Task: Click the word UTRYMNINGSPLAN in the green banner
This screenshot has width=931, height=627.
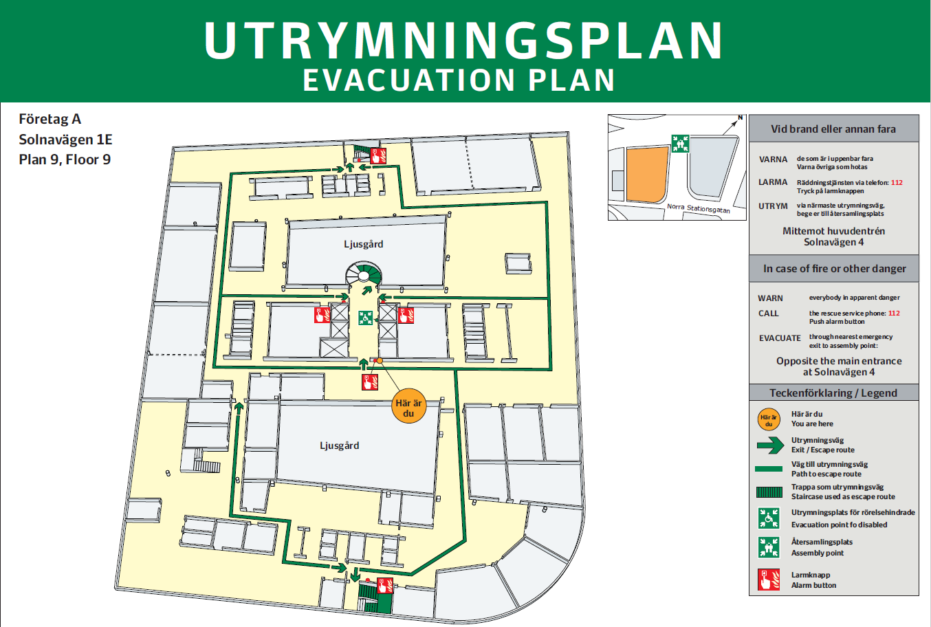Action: [464, 41]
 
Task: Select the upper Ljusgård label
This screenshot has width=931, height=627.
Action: [364, 244]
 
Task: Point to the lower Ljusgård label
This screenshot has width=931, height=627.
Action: [339, 445]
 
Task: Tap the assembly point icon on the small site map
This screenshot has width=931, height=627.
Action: [680, 144]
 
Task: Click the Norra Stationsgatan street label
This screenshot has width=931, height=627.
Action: [698, 208]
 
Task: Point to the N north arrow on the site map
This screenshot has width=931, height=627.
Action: [740, 118]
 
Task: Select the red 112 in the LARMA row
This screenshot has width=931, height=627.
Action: [897, 183]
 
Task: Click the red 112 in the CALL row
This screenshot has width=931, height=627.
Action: [894, 313]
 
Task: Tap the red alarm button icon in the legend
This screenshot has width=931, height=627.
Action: [769, 580]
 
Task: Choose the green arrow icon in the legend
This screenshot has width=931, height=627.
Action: [769, 445]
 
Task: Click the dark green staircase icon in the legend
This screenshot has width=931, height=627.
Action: [769, 492]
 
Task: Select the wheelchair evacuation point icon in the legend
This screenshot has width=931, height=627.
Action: [769, 518]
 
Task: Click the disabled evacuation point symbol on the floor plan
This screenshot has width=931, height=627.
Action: [365, 318]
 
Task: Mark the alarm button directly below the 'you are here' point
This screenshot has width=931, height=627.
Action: [370, 382]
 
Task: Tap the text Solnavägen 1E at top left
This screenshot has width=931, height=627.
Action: [65, 140]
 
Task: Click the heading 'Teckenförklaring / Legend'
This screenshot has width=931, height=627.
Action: [833, 393]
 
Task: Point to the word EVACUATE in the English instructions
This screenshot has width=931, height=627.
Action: [780, 338]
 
